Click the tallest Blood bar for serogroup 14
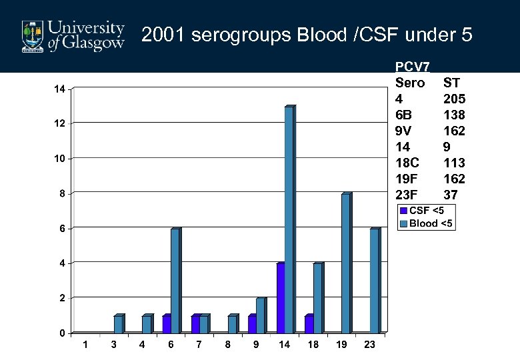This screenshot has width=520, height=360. point(289,219)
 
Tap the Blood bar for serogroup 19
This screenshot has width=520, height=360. point(345,263)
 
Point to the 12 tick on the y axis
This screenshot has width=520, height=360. point(60,124)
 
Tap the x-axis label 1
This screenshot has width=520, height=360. point(84,345)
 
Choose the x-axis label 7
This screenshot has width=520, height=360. point(199,345)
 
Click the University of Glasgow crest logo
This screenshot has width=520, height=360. point(31,36)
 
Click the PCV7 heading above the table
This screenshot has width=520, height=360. point(412,67)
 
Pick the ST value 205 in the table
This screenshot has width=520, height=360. point(454,99)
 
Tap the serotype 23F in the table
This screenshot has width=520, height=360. point(408,195)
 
